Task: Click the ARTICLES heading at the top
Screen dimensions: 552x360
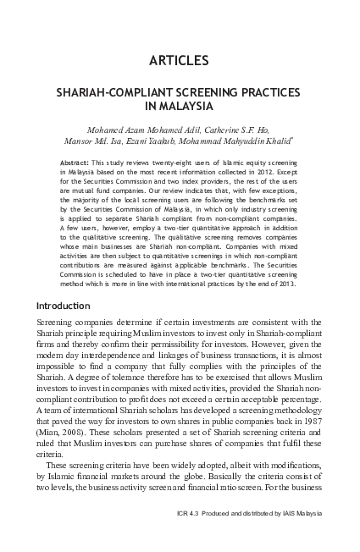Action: pyautogui.click(x=179, y=60)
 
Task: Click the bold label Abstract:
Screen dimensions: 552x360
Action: pyautogui.click(x=79, y=162)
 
